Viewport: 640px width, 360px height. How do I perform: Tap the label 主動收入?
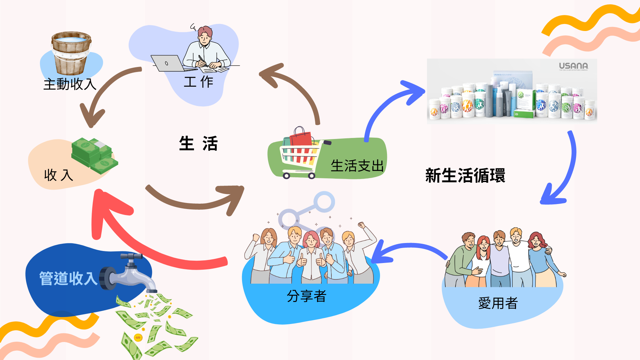(70, 84)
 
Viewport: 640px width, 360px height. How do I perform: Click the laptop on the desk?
(167, 63)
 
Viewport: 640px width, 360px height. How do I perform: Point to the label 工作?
(198, 82)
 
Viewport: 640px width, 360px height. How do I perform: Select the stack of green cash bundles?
(94, 155)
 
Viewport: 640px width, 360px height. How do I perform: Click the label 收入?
(58, 175)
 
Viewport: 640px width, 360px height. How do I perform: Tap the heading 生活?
(198, 143)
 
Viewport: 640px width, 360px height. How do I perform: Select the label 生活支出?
(357, 166)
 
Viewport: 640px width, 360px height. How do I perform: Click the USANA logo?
(573, 66)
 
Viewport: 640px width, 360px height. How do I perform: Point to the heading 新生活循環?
(465, 176)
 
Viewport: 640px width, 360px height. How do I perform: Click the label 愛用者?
(498, 303)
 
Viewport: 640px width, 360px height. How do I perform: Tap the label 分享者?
(307, 296)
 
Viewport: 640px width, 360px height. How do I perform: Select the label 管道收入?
(68, 278)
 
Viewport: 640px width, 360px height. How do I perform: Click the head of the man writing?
(205, 35)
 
